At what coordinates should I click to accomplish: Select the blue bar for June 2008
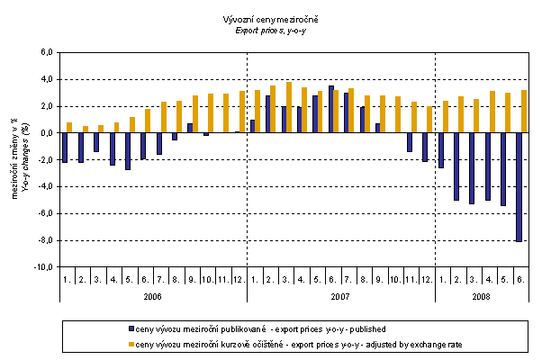click(x=519, y=187)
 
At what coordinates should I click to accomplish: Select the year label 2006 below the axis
click(x=152, y=294)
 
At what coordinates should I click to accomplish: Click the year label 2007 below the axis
click(x=340, y=294)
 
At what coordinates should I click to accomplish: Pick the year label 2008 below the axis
click(x=482, y=294)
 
